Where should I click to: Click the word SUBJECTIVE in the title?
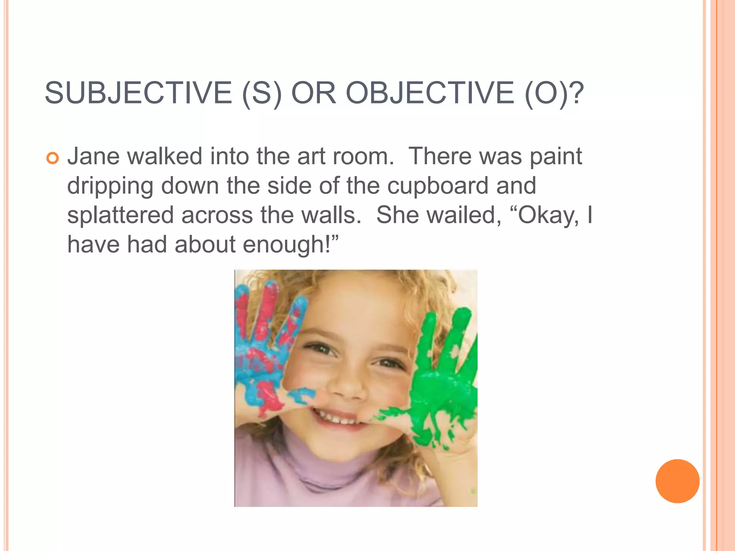139,93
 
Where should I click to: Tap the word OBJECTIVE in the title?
430,93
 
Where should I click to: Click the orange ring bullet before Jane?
52,158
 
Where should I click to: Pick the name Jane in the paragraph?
93,156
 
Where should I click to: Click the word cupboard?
438,187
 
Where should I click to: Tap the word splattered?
121,215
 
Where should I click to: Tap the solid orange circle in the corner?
677,481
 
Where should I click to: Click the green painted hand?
445,380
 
